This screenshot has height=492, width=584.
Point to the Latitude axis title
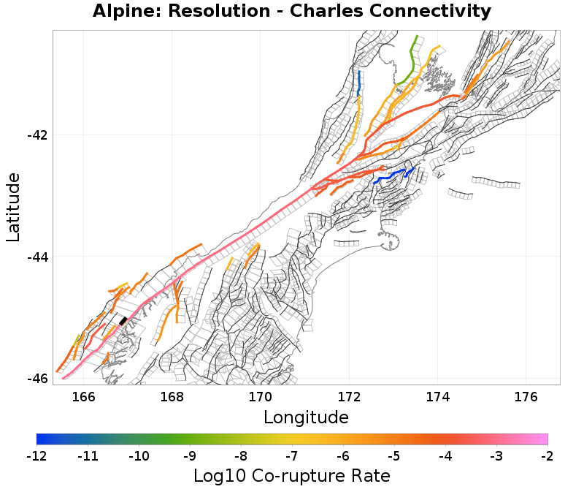click(13, 207)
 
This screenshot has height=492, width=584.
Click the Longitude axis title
click(306, 417)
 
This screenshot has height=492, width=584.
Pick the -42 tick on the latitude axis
click(37, 135)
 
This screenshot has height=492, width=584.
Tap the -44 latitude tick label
click(37, 257)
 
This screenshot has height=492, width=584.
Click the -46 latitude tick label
click(37, 378)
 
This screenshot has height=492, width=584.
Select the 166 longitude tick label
click(84, 396)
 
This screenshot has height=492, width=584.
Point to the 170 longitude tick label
click(261, 396)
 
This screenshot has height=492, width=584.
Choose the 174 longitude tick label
click(437, 396)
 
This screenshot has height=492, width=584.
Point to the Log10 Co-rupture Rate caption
click(292, 476)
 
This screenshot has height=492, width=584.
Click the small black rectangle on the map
click(123, 320)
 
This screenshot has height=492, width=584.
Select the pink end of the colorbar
click(540, 439)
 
